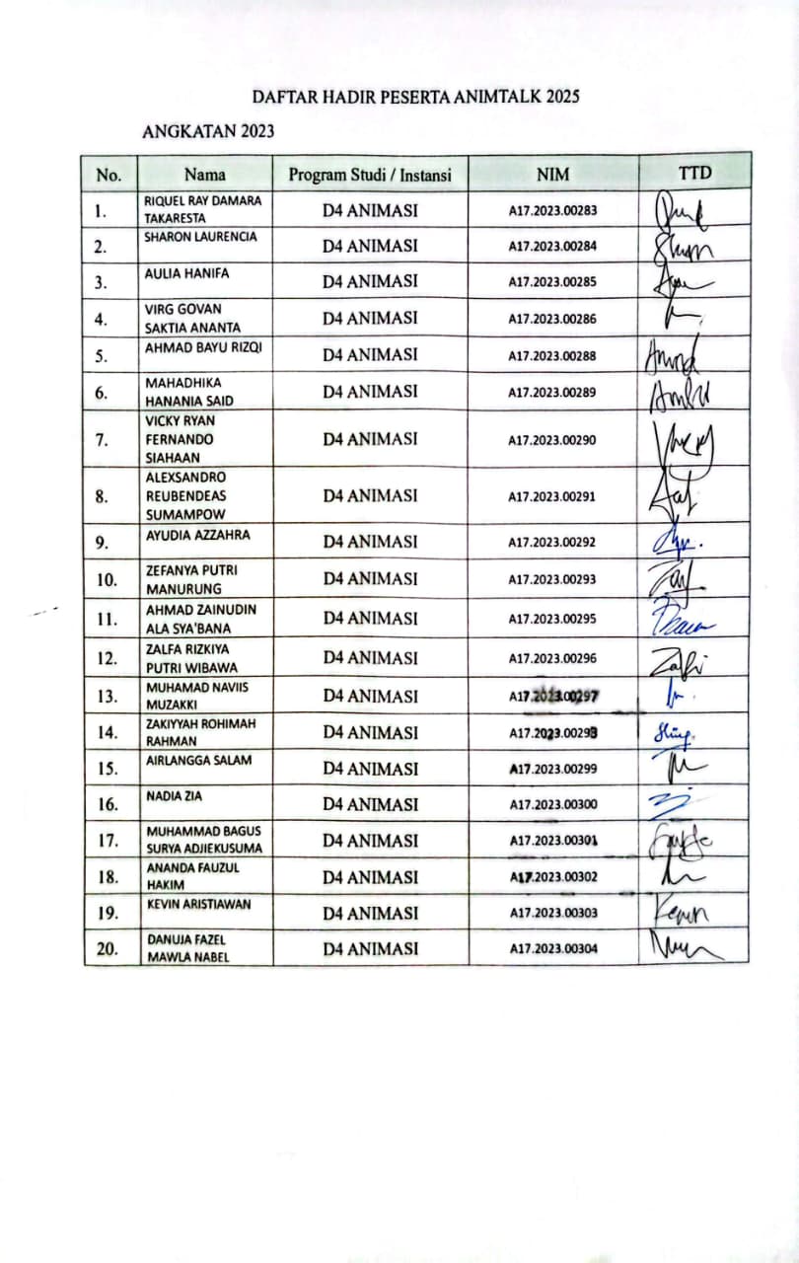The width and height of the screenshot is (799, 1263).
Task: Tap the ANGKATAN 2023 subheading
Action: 208,131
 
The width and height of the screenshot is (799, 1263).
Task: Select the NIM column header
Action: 552,175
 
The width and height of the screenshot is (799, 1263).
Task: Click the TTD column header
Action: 694,173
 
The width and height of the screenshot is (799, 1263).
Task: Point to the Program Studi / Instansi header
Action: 370,175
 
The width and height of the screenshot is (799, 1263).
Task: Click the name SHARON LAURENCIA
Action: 200,238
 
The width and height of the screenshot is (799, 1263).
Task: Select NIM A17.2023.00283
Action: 552,210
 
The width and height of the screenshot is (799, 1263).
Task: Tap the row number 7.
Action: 102,440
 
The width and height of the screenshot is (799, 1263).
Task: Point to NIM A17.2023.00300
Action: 552,805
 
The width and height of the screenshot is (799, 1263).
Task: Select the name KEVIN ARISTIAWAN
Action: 197,904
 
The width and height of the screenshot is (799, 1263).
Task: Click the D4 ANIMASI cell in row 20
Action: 370,949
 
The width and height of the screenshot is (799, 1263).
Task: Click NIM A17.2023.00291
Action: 552,496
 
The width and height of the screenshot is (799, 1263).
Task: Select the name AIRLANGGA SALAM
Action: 198,760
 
